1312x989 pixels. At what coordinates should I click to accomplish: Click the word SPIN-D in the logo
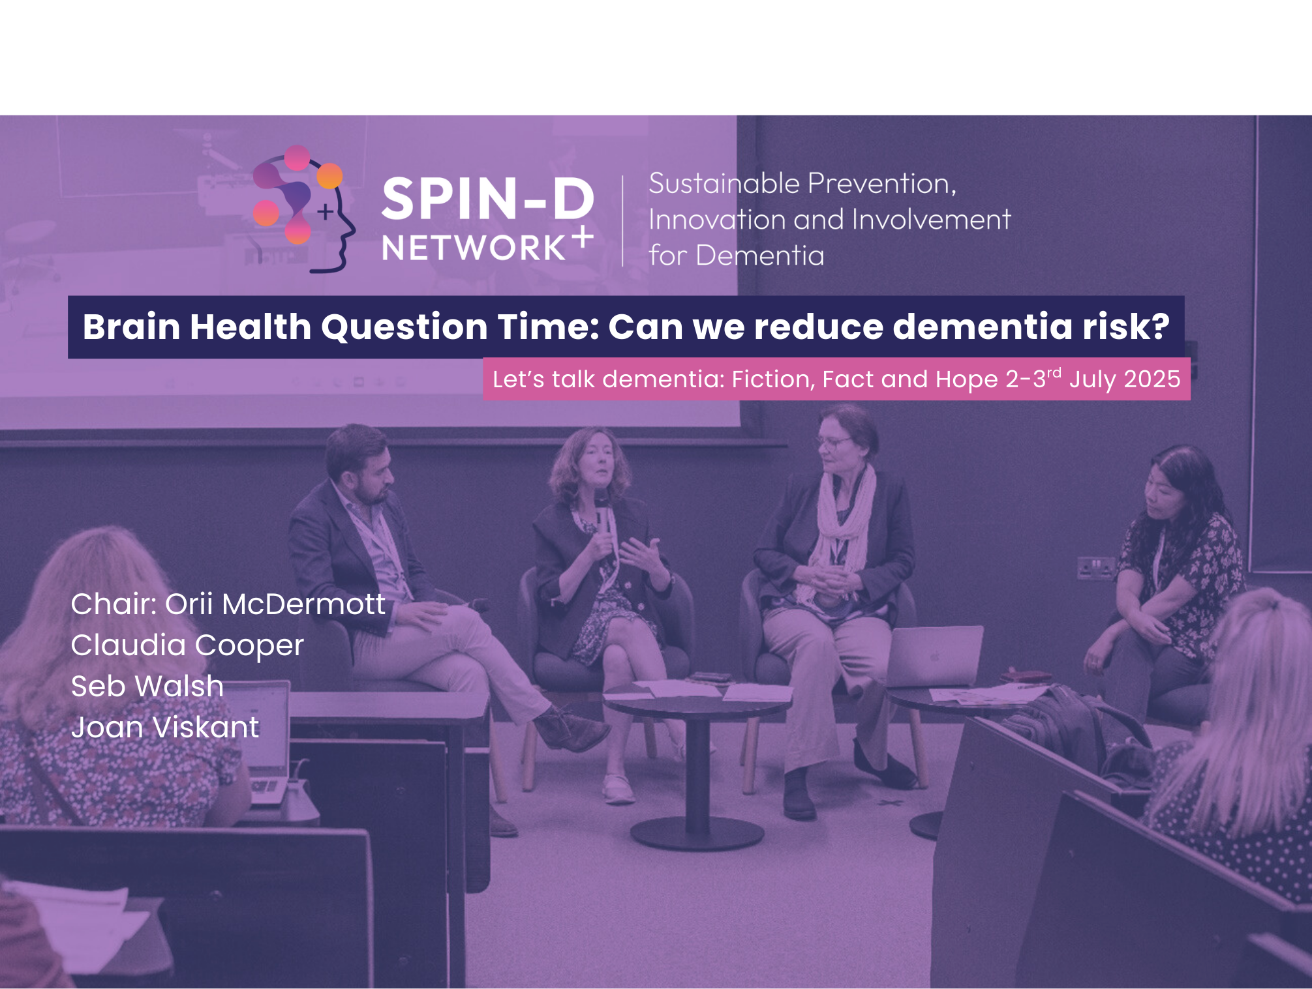[487, 199]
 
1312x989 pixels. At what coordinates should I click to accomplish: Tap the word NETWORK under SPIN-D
[474, 248]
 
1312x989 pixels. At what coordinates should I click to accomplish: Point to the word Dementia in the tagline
[760, 256]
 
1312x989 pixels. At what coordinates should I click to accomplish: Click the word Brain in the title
[131, 327]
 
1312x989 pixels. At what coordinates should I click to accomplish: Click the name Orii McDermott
[275, 604]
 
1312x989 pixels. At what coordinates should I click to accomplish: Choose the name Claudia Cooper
[187, 645]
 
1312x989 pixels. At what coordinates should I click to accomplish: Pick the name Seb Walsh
[147, 686]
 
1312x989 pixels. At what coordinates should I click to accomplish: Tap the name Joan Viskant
[165, 728]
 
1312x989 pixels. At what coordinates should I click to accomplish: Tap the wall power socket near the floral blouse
[1095, 568]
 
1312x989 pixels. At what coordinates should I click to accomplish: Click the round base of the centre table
[697, 834]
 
